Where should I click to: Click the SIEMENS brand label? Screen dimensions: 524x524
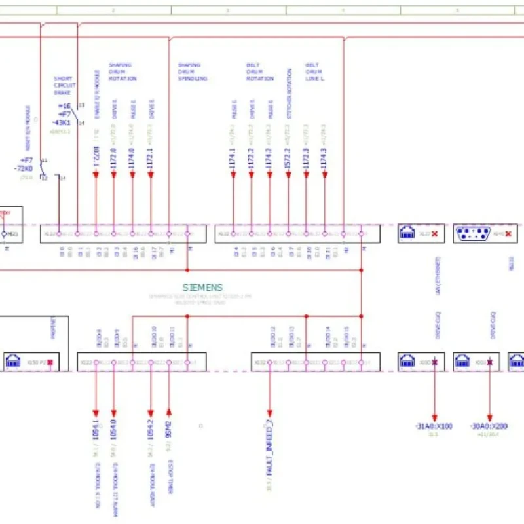[x=202, y=288]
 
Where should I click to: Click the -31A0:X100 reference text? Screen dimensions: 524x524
[x=433, y=426]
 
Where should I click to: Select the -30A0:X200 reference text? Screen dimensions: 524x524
[x=489, y=426]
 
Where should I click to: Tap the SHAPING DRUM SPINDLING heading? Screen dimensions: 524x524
[x=192, y=72]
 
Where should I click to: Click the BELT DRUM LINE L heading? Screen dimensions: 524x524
[x=316, y=72]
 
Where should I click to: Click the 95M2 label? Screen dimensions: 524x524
[x=169, y=430]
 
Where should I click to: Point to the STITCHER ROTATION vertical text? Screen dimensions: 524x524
[x=288, y=94]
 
